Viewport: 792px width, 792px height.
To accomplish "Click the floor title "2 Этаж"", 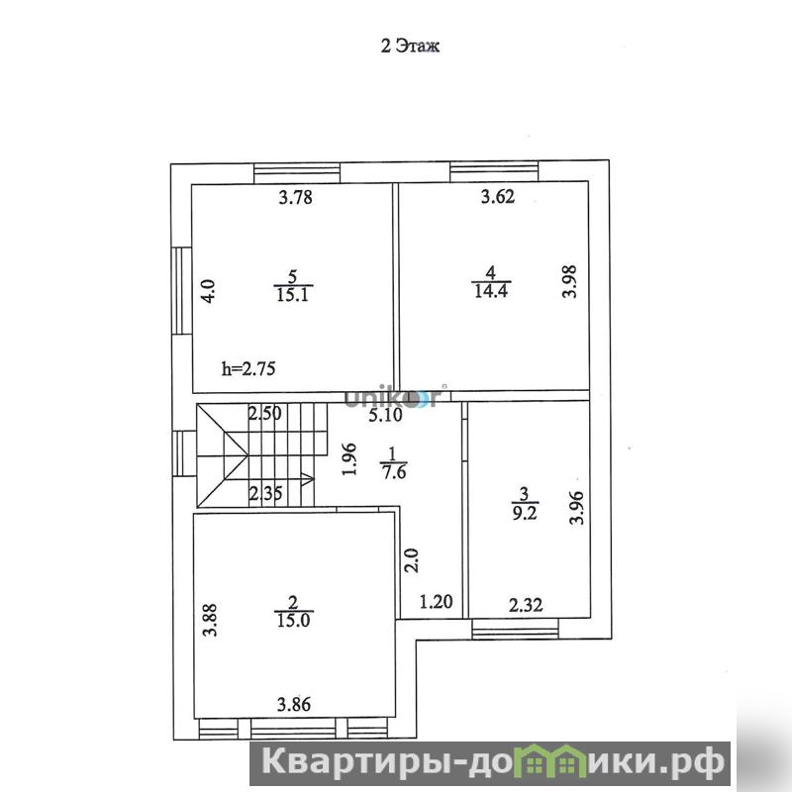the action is [x=410, y=46].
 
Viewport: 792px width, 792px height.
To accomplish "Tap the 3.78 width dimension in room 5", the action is [x=295, y=196].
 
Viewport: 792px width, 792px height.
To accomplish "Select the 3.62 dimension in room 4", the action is [x=498, y=196].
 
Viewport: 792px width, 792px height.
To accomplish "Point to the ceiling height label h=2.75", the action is [x=248, y=368].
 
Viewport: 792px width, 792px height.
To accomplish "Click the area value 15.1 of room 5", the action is [x=292, y=294].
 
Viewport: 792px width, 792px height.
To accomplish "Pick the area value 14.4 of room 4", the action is [x=491, y=291].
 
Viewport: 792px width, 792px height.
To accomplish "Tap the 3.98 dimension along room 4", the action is [x=569, y=281].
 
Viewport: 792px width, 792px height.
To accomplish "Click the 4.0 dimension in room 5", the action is [x=208, y=291].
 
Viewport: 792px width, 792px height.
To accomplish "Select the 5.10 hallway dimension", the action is [x=385, y=415].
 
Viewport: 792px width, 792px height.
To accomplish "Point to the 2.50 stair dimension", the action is [x=264, y=413].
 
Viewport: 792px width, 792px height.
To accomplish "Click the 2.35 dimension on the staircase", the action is [x=265, y=493].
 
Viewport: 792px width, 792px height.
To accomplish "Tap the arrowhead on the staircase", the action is [x=308, y=479].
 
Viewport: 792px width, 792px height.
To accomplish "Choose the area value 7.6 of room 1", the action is [x=394, y=472].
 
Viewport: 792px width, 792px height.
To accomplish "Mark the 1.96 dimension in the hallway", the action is [x=349, y=459].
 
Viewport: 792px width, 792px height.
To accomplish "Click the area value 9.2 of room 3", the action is [x=525, y=513].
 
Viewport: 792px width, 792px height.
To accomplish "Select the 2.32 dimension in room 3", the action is [x=526, y=605].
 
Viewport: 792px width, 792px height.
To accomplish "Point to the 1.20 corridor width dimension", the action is [x=437, y=602].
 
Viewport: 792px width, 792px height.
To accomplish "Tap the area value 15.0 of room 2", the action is [x=293, y=620].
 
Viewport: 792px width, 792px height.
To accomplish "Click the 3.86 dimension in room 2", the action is [x=294, y=704].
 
